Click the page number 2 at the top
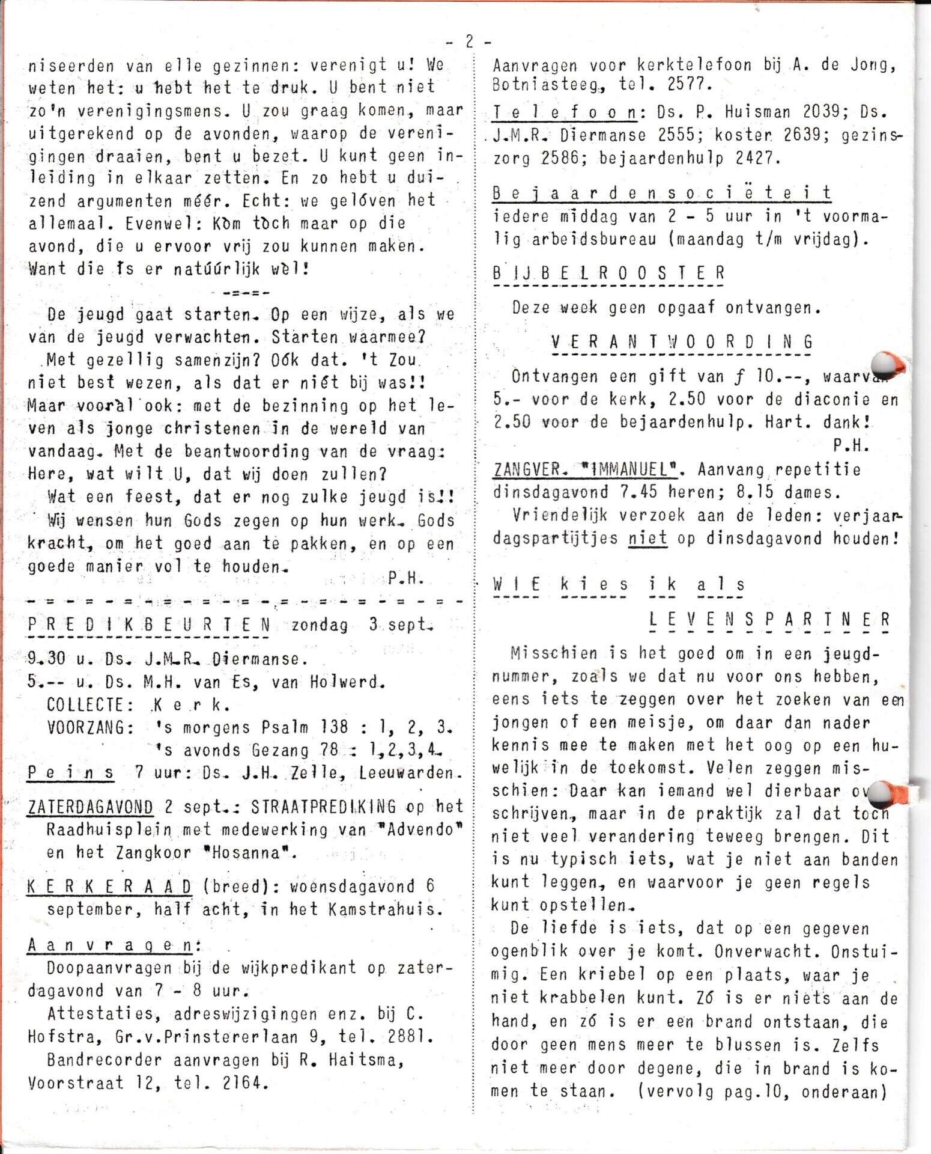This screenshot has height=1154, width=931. (469, 41)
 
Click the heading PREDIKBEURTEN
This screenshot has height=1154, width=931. (149, 625)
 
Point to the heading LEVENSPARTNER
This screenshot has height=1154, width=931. (769, 620)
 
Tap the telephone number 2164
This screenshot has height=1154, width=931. (243, 1083)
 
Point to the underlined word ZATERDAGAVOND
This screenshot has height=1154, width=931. (90, 807)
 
